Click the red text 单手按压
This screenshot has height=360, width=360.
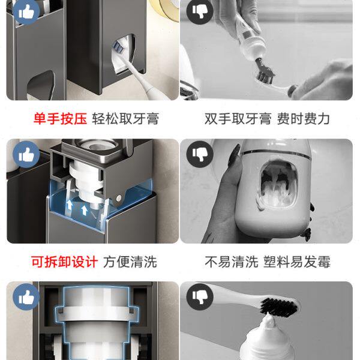tap(60, 119)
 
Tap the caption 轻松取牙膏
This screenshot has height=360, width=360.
tap(125, 119)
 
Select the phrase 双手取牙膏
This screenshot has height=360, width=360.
tap(238, 119)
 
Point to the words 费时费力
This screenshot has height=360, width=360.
tap(303, 119)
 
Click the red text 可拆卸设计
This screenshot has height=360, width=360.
tap(65, 262)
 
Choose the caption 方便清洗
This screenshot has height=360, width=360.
tap(130, 262)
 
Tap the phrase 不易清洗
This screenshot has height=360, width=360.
tap(232, 262)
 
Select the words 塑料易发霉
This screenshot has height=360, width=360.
tap(297, 262)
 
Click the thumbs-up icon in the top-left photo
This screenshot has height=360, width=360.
tap(26, 11)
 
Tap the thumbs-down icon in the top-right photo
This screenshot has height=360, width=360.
tap(200, 11)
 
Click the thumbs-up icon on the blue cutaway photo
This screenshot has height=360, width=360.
tap(26, 154)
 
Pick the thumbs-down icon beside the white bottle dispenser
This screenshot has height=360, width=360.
tap(200, 154)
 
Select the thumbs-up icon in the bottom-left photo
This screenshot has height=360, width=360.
tap(26, 297)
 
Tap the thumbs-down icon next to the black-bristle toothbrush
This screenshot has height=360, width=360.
tap(200, 297)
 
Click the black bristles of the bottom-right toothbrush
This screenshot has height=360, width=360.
tap(278, 307)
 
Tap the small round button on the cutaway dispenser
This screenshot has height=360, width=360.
tap(119, 197)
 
